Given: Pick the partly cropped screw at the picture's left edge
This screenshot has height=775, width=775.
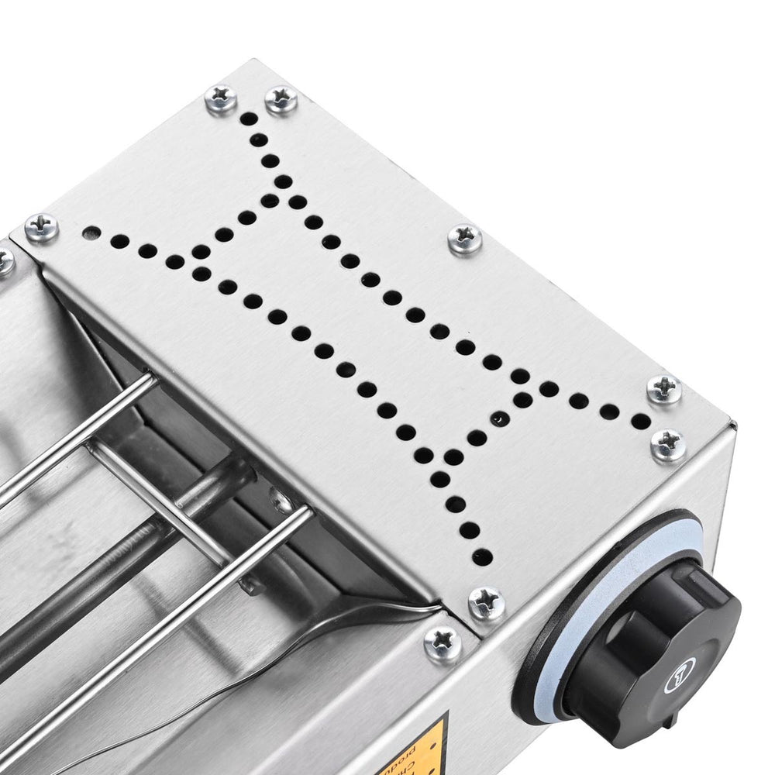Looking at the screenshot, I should tap(5, 261).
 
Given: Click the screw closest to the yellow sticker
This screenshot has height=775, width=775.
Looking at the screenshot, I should tap(443, 642).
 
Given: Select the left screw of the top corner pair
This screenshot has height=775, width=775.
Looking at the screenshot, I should tap(221, 98).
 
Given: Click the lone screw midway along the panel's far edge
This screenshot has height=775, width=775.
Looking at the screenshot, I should tap(465, 239).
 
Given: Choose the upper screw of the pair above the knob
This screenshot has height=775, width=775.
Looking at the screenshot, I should tap(664, 389).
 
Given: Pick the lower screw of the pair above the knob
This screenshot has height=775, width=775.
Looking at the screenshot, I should tap(668, 444).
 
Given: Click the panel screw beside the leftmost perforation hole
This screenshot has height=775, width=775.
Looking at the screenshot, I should tap(41, 228).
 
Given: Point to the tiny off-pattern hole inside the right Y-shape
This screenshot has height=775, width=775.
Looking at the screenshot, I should tap(498, 419).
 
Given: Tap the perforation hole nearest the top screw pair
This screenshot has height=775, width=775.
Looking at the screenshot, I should tap(249, 120).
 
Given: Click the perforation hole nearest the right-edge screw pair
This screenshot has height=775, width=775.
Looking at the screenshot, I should tap(640, 421).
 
